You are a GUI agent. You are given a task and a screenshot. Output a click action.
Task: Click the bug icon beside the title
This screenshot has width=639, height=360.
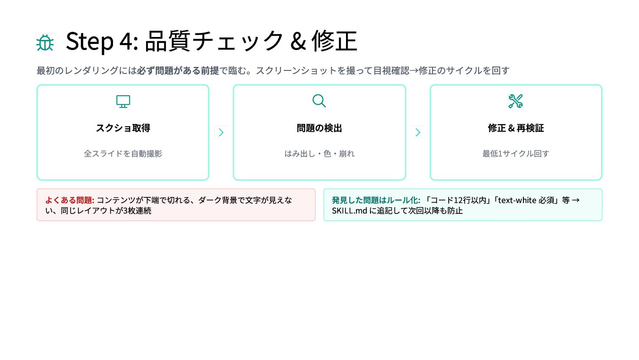[45, 43]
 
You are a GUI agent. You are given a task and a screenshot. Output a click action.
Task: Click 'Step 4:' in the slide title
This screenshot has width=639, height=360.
[102, 41]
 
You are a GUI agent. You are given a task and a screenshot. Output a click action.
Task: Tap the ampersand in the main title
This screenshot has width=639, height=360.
[298, 42]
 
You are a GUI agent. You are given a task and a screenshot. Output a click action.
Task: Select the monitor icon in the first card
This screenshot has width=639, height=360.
[123, 101]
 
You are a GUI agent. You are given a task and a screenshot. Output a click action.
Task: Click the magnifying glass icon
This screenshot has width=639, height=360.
[319, 101]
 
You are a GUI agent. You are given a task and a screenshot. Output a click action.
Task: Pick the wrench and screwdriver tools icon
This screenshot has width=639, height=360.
[516, 101]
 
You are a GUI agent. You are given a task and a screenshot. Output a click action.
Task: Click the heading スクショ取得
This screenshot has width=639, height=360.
[123, 128]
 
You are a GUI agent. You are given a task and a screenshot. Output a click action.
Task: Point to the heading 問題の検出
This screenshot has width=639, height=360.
[319, 128]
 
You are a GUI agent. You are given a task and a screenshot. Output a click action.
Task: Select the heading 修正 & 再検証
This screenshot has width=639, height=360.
[516, 128]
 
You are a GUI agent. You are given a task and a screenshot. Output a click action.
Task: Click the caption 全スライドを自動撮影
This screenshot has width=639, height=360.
[123, 153]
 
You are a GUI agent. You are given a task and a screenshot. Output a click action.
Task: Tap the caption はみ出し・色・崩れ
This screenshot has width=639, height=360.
[319, 153]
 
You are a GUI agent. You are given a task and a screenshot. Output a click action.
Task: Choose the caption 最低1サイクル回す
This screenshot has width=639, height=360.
[516, 153]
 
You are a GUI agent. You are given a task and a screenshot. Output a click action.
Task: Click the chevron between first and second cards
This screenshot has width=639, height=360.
[221, 132]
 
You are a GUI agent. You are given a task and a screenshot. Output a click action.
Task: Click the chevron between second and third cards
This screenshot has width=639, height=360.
[418, 132]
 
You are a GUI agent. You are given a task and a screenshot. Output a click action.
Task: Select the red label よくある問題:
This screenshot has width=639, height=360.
[70, 200]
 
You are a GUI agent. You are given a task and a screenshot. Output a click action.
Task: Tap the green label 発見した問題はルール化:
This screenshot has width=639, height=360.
[376, 200]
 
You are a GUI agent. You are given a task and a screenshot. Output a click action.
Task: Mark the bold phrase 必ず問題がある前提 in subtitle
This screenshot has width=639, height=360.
[178, 70]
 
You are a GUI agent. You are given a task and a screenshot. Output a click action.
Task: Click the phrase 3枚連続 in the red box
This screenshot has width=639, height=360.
[137, 211]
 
